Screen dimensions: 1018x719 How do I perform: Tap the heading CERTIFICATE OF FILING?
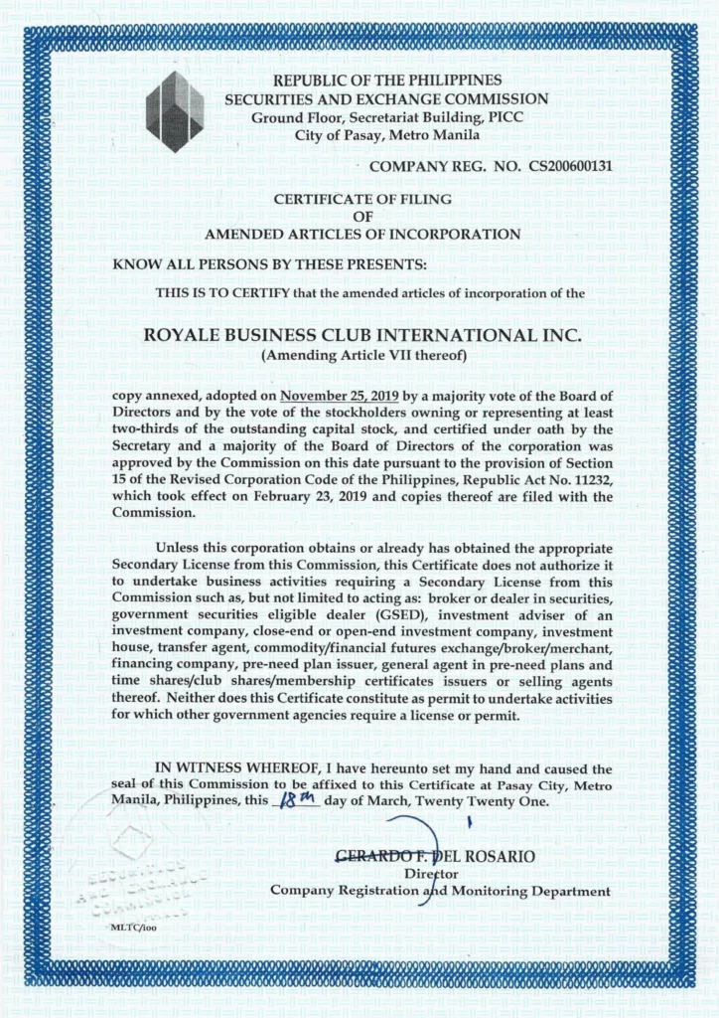(361, 199)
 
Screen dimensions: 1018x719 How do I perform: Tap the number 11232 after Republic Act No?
(569, 481)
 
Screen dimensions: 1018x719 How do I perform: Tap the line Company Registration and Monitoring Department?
(441, 891)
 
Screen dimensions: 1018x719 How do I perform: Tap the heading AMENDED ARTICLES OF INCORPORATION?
(361, 234)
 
